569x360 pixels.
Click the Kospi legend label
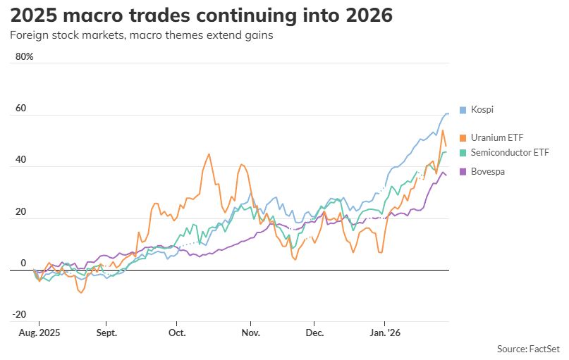coord(482,110)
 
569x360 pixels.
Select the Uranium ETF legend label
coord(498,137)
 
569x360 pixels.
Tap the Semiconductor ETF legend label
coord(508,152)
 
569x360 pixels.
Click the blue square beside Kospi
coord(463,110)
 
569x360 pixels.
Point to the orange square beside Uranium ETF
coord(463,137)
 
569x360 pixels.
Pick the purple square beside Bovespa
coord(463,171)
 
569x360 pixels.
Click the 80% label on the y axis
coord(24,56)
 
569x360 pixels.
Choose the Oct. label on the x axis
coord(176,332)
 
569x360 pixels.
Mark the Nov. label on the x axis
coord(250,332)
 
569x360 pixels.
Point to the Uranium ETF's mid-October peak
coord(209,154)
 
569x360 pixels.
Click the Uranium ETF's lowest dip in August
coord(81,292)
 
